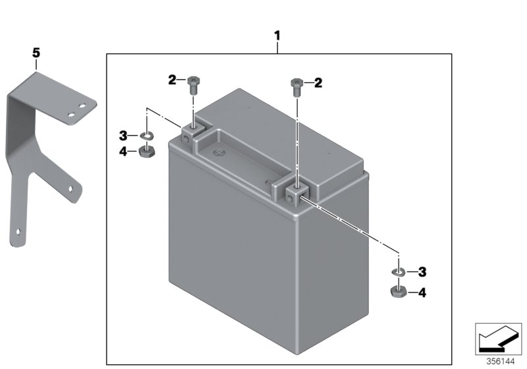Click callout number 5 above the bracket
click(x=36, y=51)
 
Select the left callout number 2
click(x=172, y=80)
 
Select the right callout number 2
click(x=318, y=82)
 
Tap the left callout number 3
click(x=123, y=136)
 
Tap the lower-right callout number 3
click(x=422, y=271)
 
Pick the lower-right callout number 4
click(x=422, y=291)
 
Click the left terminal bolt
click(x=192, y=84)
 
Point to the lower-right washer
click(x=399, y=271)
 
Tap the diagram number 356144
click(x=501, y=361)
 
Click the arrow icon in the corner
click(x=497, y=338)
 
